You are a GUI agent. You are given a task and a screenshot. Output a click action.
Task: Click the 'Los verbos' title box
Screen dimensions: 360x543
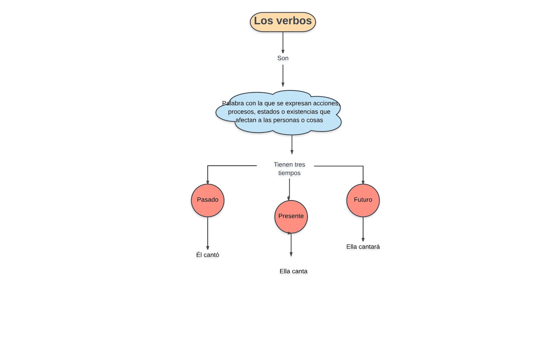click(x=283, y=22)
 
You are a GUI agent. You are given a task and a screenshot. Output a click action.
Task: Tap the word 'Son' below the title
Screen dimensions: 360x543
click(x=283, y=58)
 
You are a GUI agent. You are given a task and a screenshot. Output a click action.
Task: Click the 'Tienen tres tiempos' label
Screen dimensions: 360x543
click(x=289, y=168)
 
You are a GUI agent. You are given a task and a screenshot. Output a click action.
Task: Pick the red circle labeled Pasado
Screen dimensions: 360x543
click(x=208, y=200)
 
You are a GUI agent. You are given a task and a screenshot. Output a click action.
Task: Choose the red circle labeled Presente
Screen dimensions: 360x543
click(x=291, y=217)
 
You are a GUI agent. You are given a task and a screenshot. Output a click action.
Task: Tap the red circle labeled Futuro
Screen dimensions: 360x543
click(x=363, y=200)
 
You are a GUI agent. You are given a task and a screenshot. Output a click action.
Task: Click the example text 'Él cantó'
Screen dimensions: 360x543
click(x=208, y=255)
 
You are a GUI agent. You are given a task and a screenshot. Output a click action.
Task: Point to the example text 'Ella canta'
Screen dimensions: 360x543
click(x=293, y=271)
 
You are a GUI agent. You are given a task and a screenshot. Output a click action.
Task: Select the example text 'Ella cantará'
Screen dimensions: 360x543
click(x=363, y=247)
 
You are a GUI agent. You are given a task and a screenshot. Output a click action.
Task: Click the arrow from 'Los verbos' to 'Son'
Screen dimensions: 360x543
click(x=283, y=42)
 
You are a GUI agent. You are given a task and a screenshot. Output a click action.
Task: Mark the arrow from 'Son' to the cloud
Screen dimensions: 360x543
click(x=283, y=75)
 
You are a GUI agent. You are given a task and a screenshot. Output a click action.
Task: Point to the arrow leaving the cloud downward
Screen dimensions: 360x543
click(x=292, y=144)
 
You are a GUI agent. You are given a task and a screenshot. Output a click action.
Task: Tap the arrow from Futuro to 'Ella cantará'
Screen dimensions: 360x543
click(x=363, y=229)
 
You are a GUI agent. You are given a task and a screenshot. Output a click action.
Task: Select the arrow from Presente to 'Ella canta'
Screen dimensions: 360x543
click(x=291, y=245)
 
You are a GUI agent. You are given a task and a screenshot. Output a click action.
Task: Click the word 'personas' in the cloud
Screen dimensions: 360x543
click(x=288, y=120)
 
